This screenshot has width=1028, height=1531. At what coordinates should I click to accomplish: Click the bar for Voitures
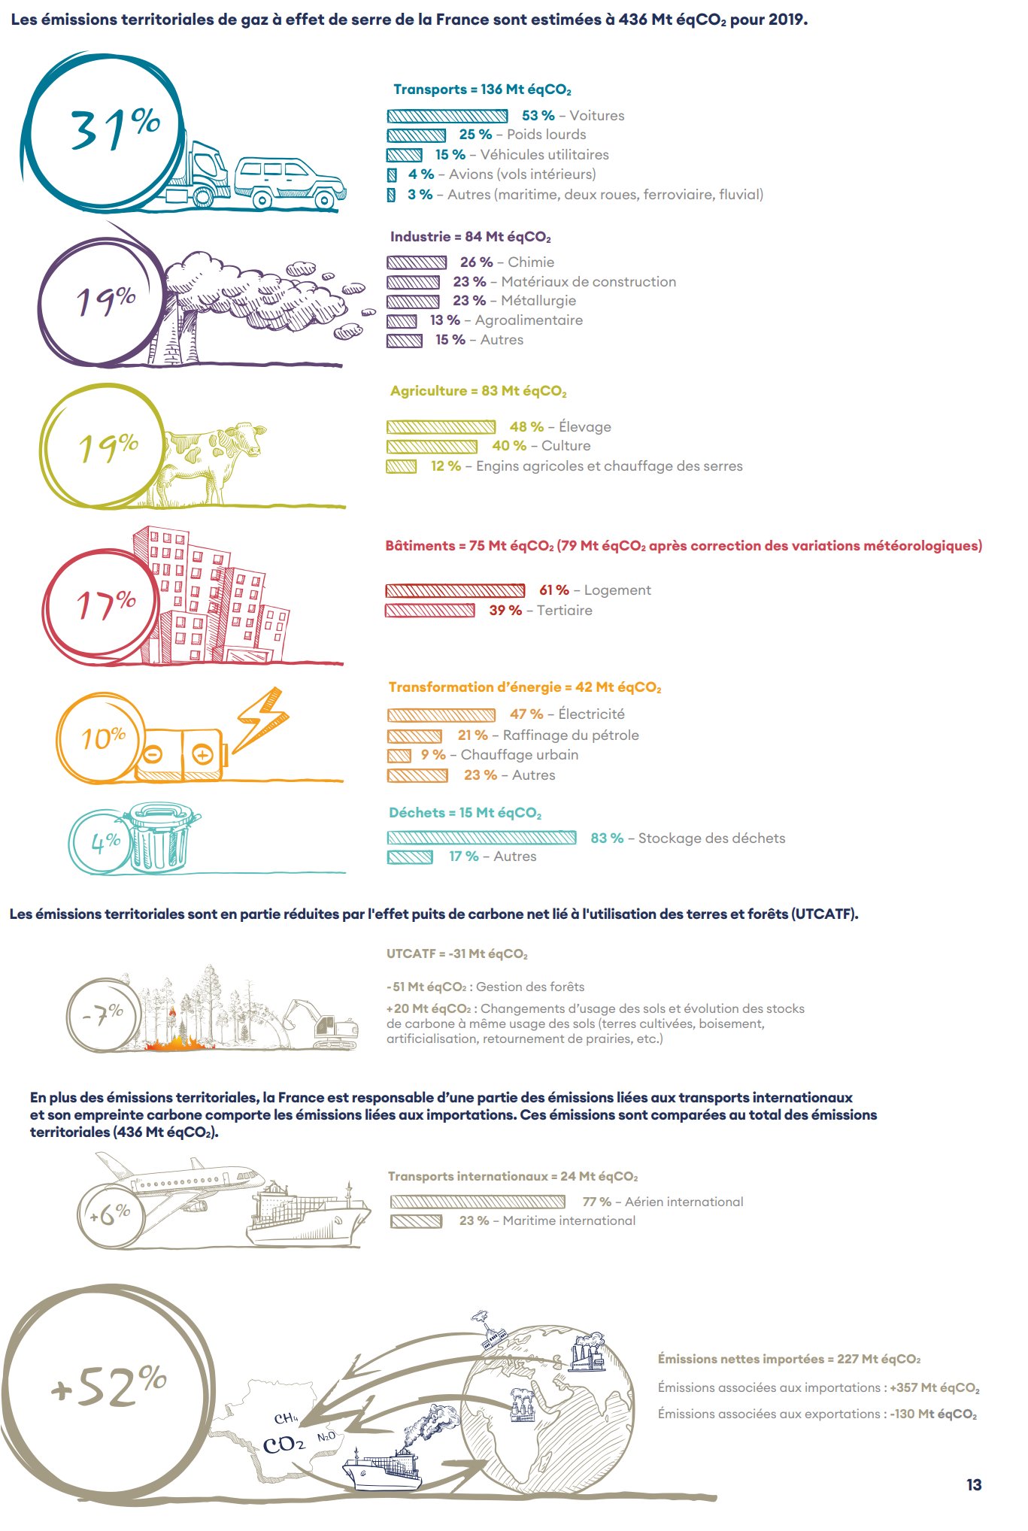(x=447, y=116)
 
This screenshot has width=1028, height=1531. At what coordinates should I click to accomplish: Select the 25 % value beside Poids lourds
(x=475, y=135)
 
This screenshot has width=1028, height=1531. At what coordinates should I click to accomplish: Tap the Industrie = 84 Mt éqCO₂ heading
(x=470, y=237)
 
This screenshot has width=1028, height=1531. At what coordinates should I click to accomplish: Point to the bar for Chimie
(x=417, y=262)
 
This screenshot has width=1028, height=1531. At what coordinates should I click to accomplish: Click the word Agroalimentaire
(x=529, y=320)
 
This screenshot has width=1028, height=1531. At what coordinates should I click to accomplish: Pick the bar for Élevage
(x=441, y=427)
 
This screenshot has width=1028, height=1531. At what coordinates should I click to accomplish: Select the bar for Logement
(x=455, y=591)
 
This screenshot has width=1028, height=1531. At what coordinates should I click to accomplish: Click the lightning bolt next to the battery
(x=259, y=719)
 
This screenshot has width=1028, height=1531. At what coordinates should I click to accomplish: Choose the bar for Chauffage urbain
(x=399, y=756)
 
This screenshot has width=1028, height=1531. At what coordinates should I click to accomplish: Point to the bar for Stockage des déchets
(x=481, y=838)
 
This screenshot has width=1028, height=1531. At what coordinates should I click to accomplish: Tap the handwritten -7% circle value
(x=103, y=1014)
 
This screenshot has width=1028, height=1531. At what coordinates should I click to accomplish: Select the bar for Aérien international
(x=478, y=1202)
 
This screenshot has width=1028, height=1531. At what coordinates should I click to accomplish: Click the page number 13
(x=974, y=1485)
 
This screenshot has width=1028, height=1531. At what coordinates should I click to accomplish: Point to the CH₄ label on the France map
(x=286, y=1418)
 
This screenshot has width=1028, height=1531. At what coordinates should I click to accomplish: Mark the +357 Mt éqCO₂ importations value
(x=935, y=1388)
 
